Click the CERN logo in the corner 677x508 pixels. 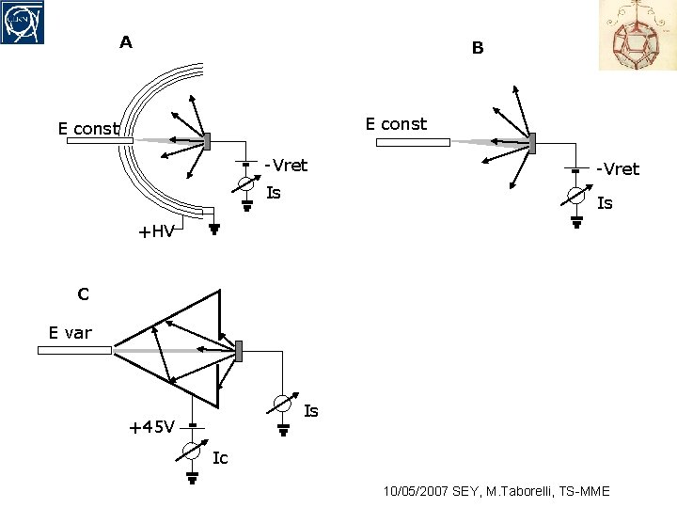coord(23,22)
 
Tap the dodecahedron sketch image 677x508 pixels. coord(637,35)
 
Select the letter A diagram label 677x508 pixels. coord(125,42)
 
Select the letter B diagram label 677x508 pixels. coord(478,48)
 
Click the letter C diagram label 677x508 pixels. coord(84,294)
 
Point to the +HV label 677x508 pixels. coord(156,232)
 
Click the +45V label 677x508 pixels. coord(150,427)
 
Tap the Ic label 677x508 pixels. coord(220,458)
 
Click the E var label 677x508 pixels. coord(71,332)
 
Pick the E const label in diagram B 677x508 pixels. coord(396,124)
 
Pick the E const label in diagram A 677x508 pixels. coord(88,129)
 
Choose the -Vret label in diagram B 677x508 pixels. coord(617,169)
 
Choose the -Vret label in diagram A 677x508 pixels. coord(286,166)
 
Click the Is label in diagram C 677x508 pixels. coord(311,411)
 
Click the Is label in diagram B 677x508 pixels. coord(605,202)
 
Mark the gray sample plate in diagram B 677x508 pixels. coord(532,144)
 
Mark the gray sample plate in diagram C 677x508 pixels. coord(240,351)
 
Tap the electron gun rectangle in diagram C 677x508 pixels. coord(74,351)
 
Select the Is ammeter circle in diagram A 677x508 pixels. coord(245,184)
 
